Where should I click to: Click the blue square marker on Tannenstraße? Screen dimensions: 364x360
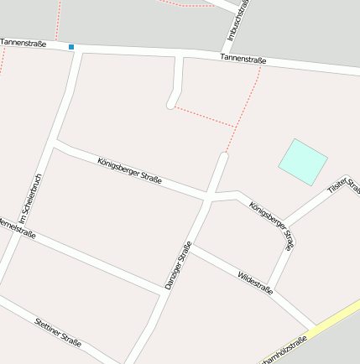[71, 47]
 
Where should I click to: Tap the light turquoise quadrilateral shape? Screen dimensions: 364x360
[302, 161]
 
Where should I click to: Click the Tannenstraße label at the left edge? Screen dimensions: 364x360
[23, 42]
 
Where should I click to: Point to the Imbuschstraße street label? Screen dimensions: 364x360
[237, 18]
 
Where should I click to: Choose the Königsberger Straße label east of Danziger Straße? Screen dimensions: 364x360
[272, 225]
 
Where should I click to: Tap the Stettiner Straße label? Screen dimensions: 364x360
[59, 331]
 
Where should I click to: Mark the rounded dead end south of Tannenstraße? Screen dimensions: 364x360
[172, 105]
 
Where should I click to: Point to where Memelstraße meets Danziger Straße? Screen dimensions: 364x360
[159, 291]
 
